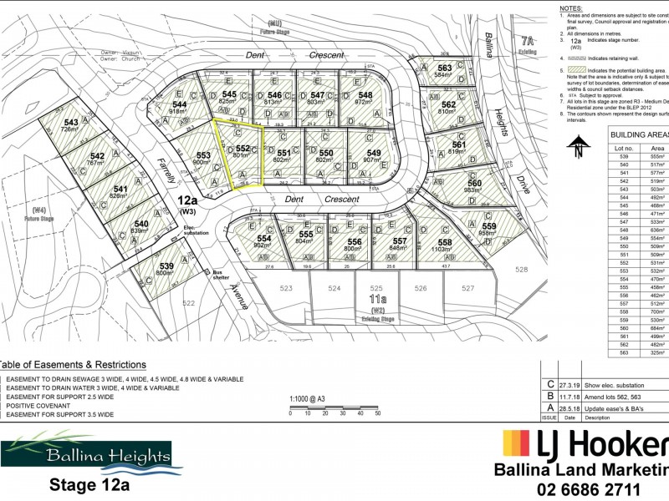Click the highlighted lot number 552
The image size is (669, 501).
242,147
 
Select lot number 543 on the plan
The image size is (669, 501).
71,122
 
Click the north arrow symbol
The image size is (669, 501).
577,149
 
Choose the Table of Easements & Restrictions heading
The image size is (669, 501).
73,365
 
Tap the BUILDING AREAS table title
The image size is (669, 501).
639,134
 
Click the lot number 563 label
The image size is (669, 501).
444,68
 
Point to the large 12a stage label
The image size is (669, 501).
187,200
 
